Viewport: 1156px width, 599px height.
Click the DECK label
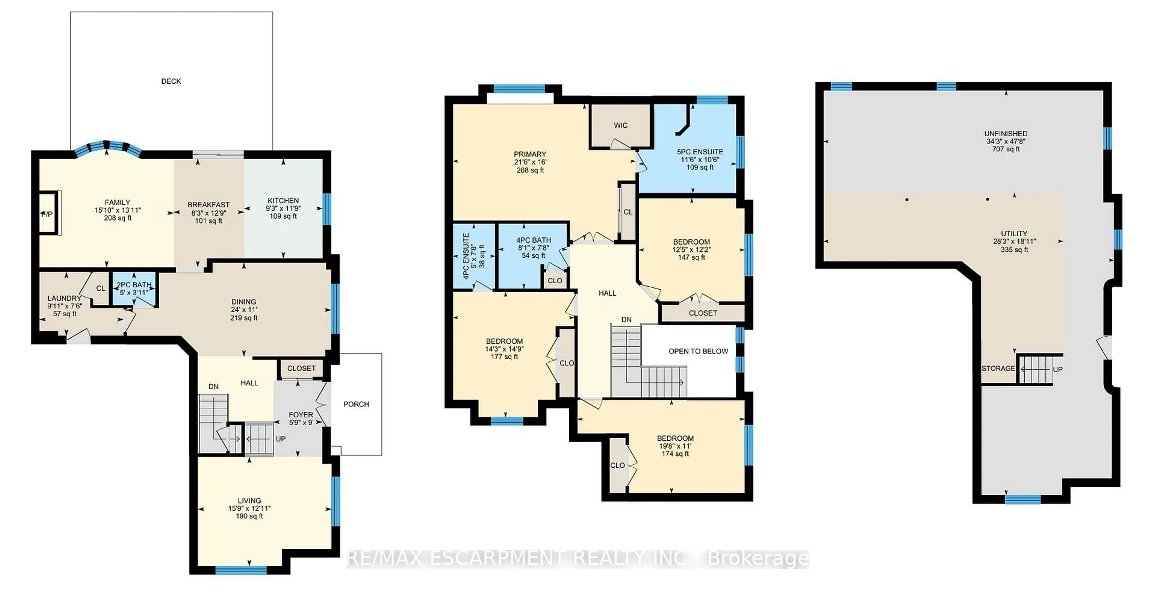click(171, 81)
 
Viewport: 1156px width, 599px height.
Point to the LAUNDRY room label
click(64, 298)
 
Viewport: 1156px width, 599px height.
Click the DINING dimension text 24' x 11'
click(244, 310)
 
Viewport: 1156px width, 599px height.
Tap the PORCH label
click(356, 404)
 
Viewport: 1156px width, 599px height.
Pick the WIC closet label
click(621, 126)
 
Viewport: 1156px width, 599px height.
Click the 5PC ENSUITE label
click(700, 152)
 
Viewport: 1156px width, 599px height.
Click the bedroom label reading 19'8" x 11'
click(675, 446)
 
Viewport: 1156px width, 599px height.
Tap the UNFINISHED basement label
click(1006, 134)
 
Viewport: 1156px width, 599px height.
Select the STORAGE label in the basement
click(998, 368)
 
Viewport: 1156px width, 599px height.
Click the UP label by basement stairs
click(1058, 370)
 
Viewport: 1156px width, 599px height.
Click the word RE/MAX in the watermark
click(385, 559)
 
